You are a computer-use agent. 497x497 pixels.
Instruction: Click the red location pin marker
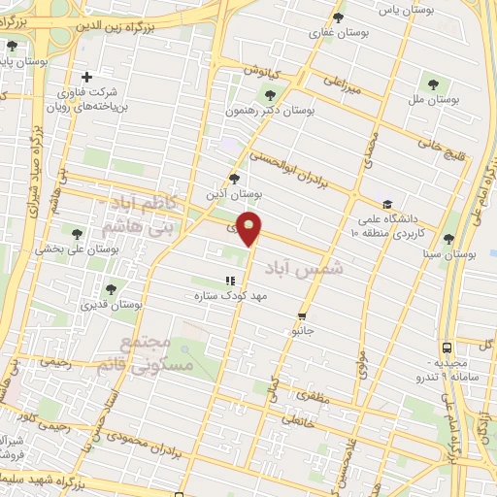[250, 228]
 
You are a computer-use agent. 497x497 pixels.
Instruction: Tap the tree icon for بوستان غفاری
[338, 17]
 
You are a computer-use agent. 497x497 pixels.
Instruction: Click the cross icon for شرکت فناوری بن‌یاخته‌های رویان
[87, 77]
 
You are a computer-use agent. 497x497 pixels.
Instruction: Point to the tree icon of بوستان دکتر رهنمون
[270, 95]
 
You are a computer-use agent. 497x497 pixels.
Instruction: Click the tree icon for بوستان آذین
[233, 178]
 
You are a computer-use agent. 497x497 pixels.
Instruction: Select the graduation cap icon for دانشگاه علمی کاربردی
[387, 205]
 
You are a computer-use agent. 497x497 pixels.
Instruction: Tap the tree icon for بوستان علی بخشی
[77, 232]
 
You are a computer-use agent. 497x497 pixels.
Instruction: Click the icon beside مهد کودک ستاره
[229, 281]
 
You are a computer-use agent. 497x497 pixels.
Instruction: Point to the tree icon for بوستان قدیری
[110, 288]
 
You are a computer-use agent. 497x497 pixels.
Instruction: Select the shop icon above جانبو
[303, 315]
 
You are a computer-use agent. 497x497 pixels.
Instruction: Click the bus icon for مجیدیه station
[447, 347]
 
